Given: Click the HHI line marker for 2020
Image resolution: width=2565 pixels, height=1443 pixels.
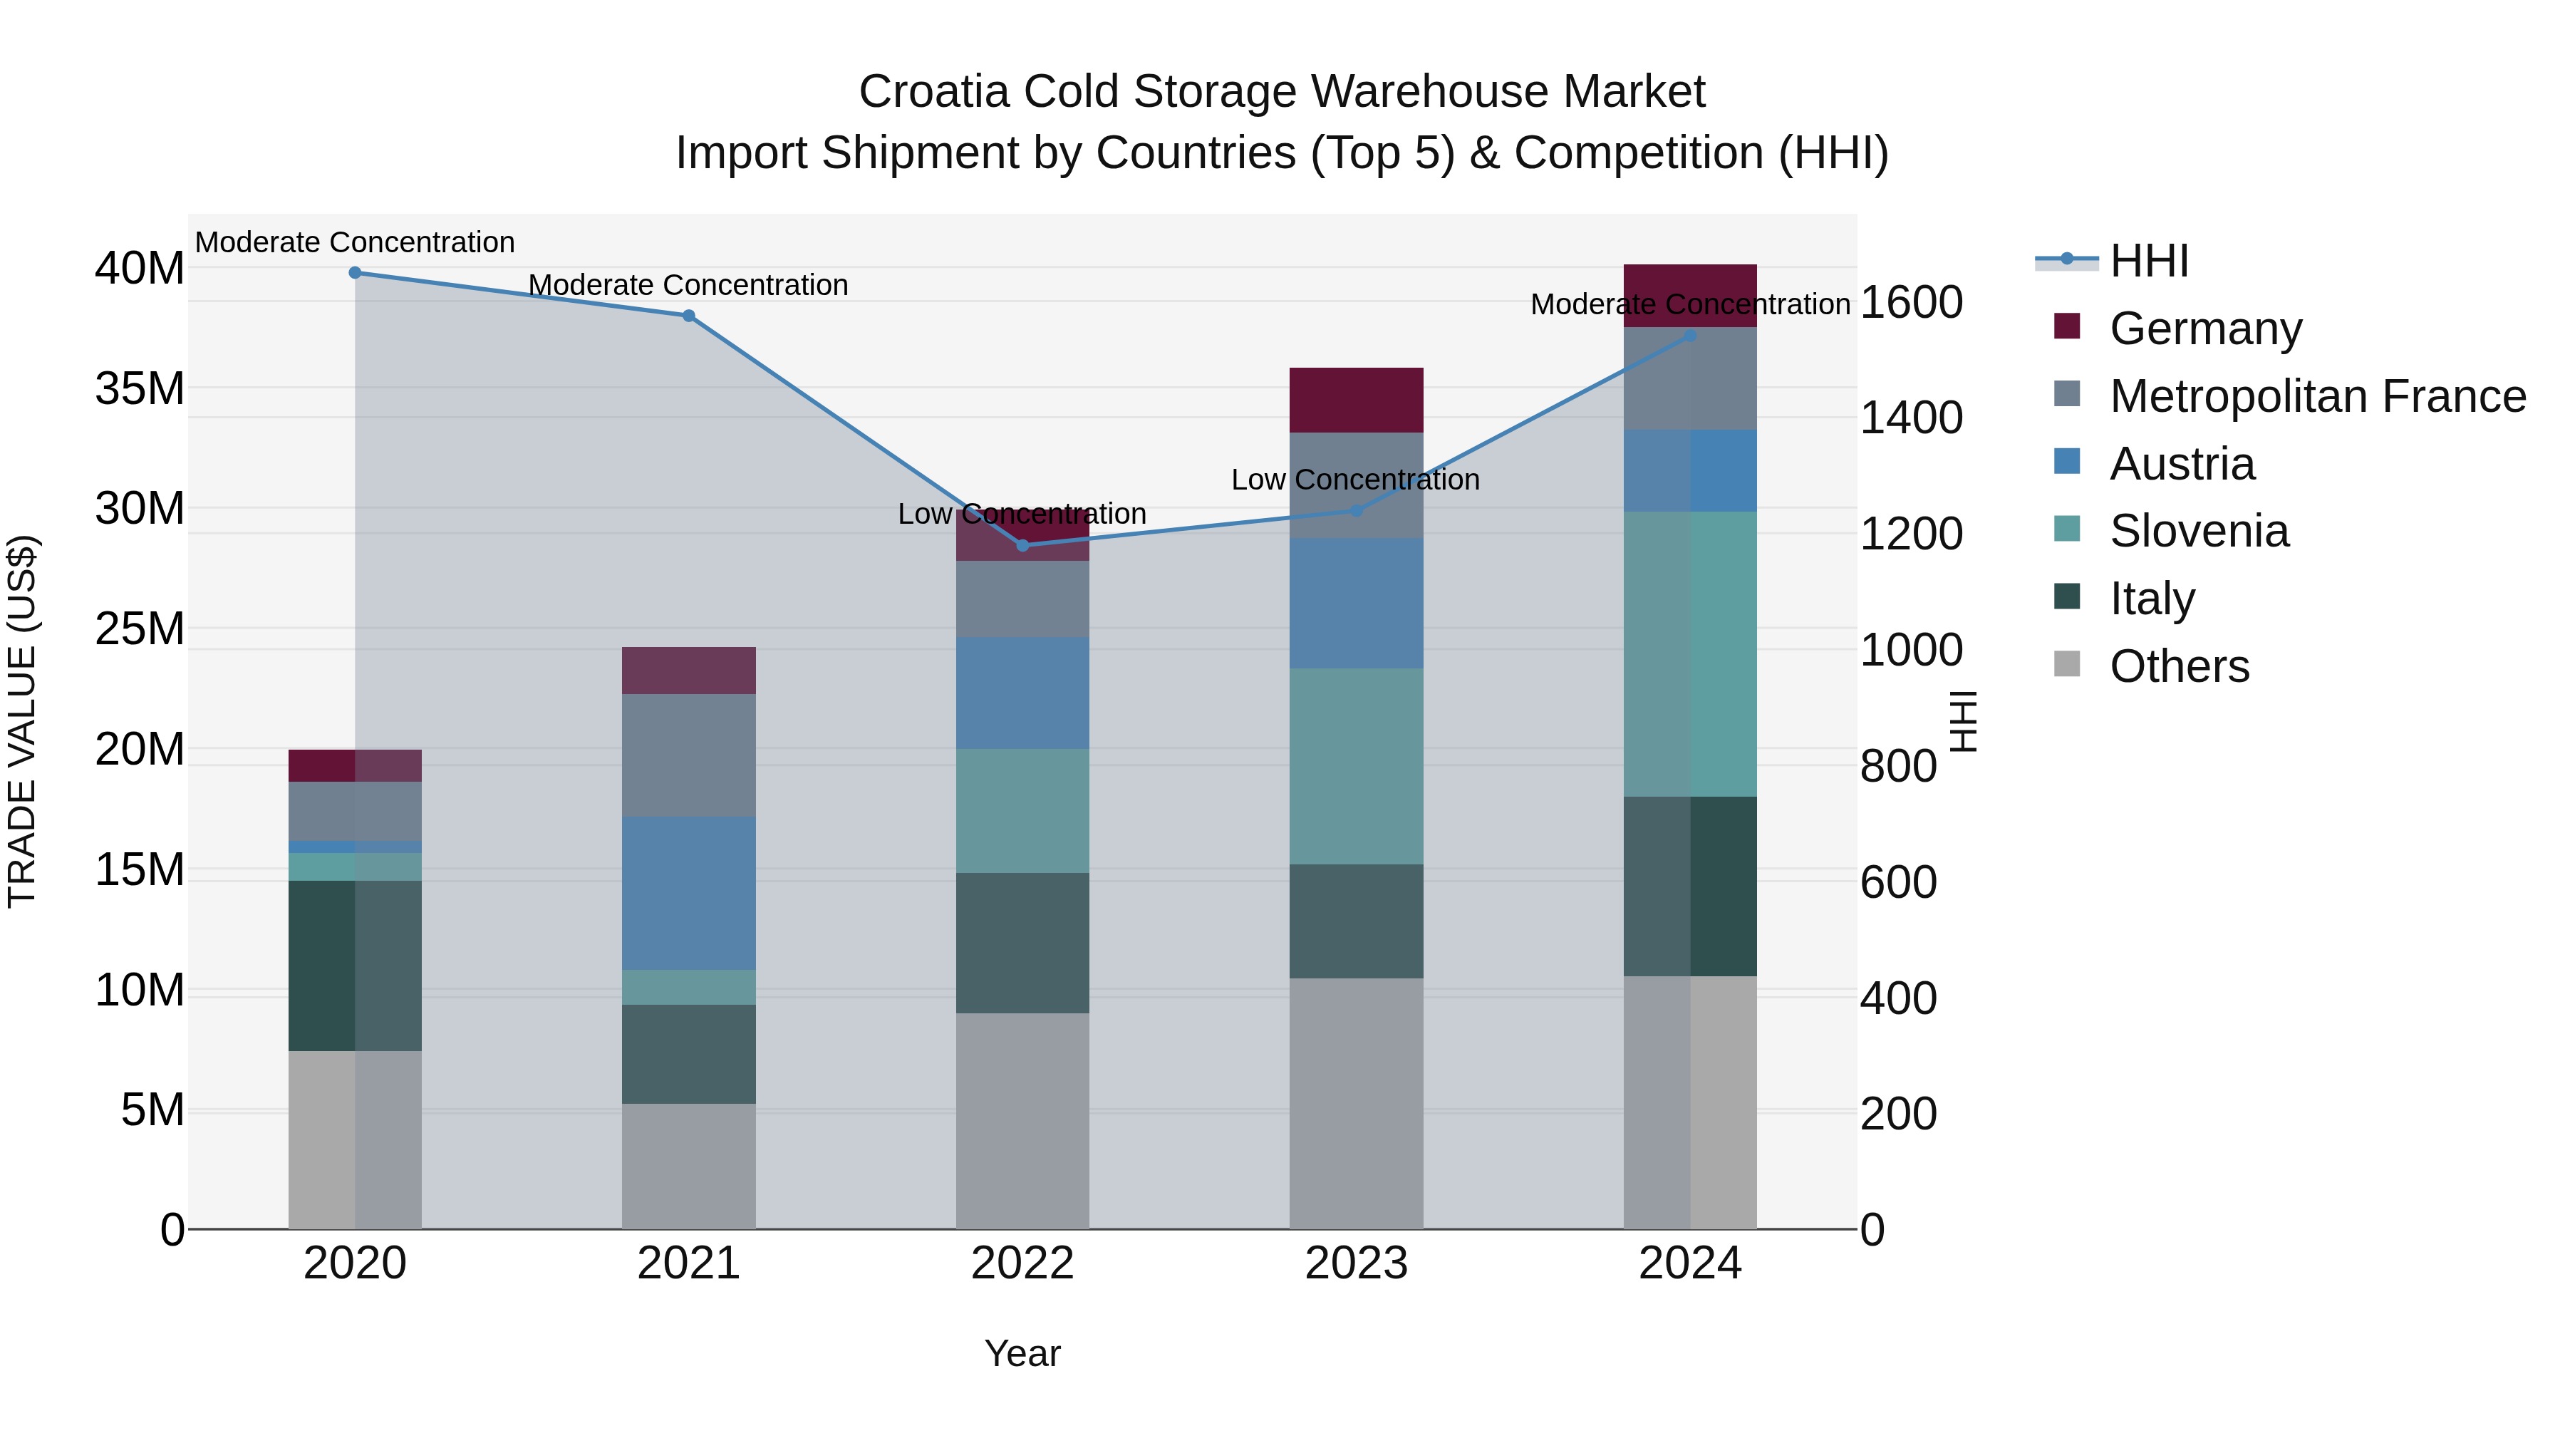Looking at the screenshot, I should [x=355, y=272].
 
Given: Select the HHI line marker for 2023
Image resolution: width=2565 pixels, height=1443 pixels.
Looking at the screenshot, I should [x=1355, y=510].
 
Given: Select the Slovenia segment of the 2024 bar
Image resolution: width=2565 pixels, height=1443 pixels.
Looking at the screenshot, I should [x=1690, y=653].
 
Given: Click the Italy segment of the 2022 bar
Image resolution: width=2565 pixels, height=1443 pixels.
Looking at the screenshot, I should [x=1022, y=942].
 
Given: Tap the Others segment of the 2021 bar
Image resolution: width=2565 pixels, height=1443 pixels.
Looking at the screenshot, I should [x=688, y=1165].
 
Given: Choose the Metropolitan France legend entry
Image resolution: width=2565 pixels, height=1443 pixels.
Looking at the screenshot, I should [x=2316, y=395].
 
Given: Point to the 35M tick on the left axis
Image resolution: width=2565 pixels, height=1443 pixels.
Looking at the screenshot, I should [x=140, y=388].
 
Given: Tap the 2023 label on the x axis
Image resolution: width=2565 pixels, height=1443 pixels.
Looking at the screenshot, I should [x=1355, y=1263].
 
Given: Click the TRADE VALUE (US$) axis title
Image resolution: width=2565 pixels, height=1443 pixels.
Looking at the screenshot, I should [x=22, y=721].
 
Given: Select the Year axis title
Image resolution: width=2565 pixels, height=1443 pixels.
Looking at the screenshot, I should [x=1022, y=1353].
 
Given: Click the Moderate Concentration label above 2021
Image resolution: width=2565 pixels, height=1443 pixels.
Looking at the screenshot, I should [x=688, y=285].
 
